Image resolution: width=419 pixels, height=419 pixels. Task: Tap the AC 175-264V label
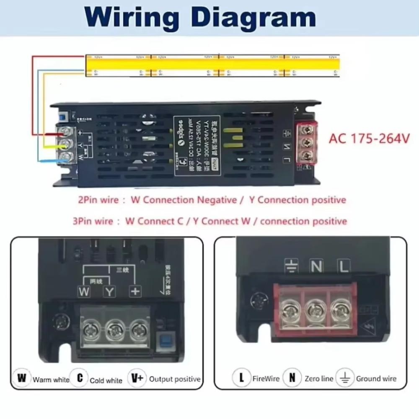pyautogui.click(x=369, y=139)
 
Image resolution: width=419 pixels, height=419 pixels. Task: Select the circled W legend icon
pyautogui.click(x=21, y=378)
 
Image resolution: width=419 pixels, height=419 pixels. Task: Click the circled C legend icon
pyautogui.click(x=79, y=378)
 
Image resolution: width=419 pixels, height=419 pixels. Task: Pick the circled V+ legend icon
pyautogui.click(x=137, y=378)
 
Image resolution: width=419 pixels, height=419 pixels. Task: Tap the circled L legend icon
pyautogui.click(x=241, y=378)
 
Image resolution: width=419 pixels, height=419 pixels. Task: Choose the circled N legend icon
pyautogui.click(x=292, y=378)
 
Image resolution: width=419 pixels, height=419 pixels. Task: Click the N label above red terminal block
pyautogui.click(x=316, y=266)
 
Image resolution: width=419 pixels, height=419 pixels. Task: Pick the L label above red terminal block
pyautogui.click(x=344, y=266)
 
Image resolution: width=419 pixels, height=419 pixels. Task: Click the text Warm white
pyautogui.click(x=51, y=380)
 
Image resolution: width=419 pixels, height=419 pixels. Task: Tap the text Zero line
pyautogui.click(x=319, y=379)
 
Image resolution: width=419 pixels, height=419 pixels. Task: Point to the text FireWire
pyautogui.click(x=266, y=379)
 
